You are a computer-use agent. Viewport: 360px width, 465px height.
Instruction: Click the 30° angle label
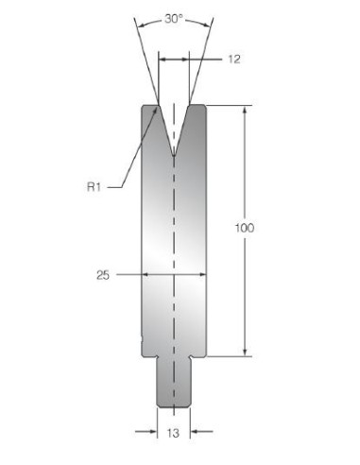174,19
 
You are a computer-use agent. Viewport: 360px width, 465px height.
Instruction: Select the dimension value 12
234,60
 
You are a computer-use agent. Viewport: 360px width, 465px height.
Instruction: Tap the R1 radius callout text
94,187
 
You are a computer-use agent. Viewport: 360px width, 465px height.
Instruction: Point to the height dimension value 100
245,228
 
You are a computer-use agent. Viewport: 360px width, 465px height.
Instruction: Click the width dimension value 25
103,275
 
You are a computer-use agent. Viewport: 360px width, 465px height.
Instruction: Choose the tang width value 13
173,433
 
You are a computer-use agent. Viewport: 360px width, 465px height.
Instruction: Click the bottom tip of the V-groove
174,155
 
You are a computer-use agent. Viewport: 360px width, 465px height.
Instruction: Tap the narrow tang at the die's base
174,382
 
